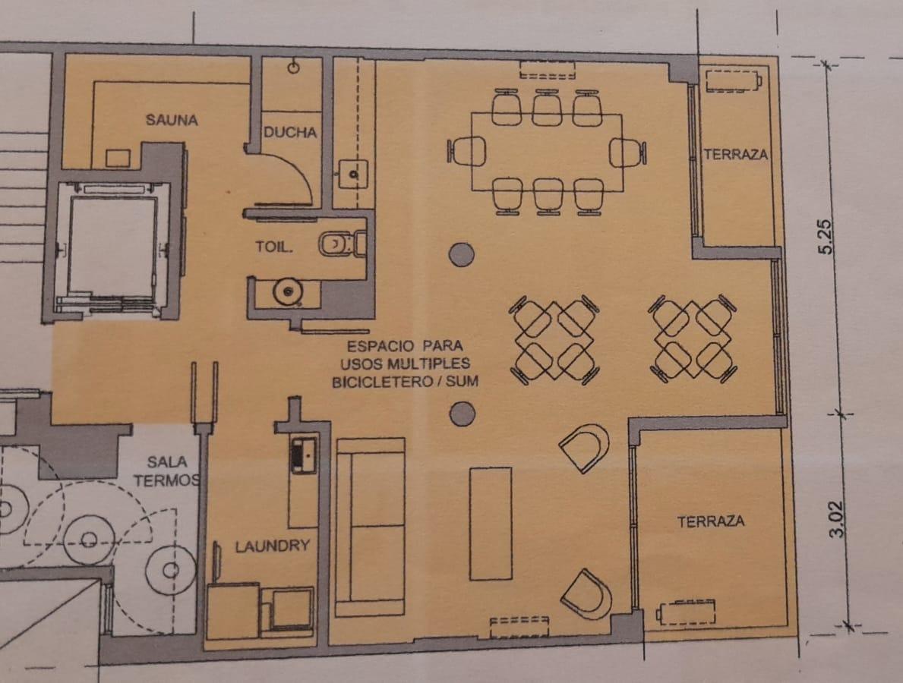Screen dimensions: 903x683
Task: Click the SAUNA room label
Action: point(172,120)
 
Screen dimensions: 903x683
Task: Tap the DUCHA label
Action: point(290,132)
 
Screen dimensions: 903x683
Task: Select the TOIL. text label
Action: point(274,247)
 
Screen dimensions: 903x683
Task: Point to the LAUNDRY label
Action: point(273,546)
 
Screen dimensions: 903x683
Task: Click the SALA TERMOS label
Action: point(167,471)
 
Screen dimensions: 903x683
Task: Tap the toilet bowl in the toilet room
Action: point(339,244)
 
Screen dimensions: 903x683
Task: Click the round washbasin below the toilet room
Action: point(287,292)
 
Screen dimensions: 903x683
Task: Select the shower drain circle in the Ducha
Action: point(294,68)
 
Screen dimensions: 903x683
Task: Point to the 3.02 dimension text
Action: point(836,519)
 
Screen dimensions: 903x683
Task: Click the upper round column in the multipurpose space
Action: point(461,254)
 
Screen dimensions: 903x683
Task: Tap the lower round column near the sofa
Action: point(462,413)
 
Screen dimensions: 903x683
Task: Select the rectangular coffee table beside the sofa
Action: point(491,523)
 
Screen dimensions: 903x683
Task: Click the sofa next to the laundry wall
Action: point(371,527)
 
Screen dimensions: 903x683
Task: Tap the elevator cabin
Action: point(112,247)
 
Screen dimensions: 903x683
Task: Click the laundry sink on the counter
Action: point(304,455)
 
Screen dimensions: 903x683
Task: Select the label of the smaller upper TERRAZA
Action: point(735,154)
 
